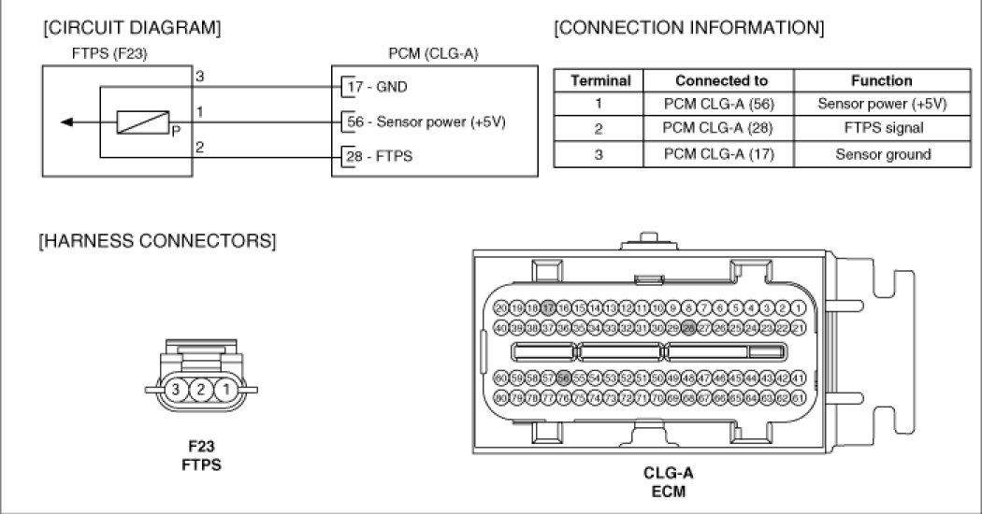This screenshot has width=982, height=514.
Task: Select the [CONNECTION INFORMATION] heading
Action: click(x=689, y=28)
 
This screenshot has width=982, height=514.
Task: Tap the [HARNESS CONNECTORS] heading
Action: click(x=156, y=242)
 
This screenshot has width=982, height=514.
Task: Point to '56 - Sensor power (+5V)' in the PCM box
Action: click(x=426, y=121)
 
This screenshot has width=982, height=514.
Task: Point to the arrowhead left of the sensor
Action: click(x=63, y=121)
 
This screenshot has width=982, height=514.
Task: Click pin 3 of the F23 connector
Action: click(x=174, y=389)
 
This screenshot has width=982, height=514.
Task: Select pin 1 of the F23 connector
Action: click(x=224, y=389)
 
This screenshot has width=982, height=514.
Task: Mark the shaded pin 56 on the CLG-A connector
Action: click(x=564, y=378)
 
